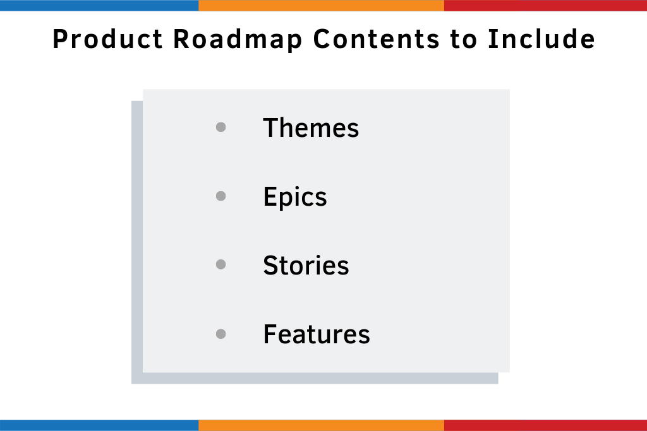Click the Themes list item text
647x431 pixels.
tap(311, 128)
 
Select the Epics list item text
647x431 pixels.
tap(295, 198)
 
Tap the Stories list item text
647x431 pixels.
tap(306, 266)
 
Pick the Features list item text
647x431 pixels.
tap(317, 334)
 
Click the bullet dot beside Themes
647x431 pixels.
tap(221, 127)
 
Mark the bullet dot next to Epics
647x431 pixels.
tap(221, 196)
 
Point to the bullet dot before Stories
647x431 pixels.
tap(221, 265)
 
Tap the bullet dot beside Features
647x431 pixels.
tap(221, 334)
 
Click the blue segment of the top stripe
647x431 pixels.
tap(99, 5)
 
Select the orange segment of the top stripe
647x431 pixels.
tap(321, 5)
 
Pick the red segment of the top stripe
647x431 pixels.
tap(545, 5)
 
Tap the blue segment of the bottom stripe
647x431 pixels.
tap(99, 425)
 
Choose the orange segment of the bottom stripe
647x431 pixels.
tap(321, 425)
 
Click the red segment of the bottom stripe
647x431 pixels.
tap(545, 425)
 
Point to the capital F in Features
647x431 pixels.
tap(270, 334)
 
